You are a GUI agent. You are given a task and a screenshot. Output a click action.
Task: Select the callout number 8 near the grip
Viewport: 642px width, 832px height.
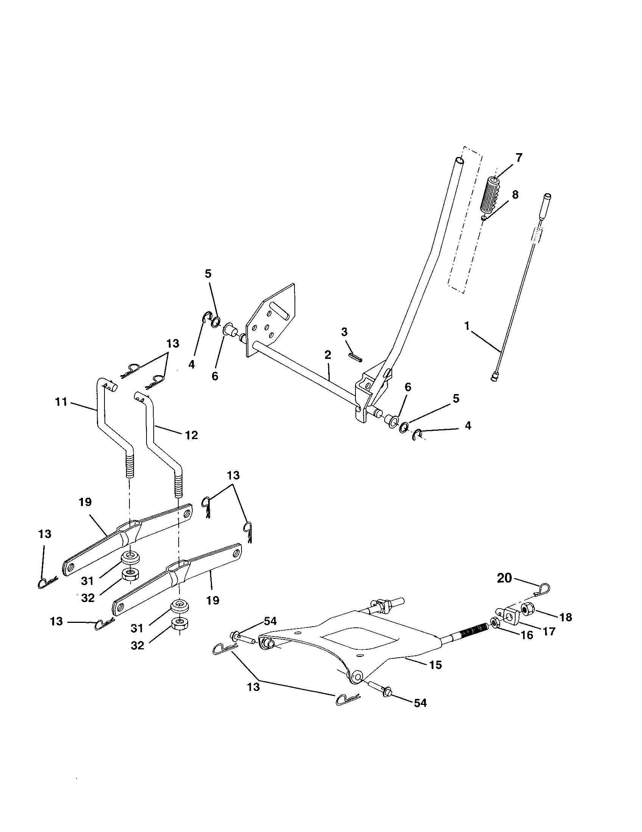[x=515, y=195]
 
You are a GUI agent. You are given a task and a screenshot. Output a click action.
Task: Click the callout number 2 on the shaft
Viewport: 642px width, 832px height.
[x=327, y=355]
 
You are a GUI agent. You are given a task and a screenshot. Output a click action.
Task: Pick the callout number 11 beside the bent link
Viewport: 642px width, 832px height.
[x=61, y=402]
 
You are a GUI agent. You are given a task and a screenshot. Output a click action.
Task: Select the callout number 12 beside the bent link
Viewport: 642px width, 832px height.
[x=192, y=435]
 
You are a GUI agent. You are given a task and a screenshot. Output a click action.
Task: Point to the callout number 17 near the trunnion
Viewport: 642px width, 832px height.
[x=549, y=631]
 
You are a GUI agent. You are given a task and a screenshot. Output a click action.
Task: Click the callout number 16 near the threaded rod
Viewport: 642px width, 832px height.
[x=527, y=635]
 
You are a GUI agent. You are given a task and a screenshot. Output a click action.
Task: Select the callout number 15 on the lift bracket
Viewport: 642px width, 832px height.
[x=435, y=665]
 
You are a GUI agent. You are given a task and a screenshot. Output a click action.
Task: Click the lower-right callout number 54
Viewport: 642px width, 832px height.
[x=420, y=703]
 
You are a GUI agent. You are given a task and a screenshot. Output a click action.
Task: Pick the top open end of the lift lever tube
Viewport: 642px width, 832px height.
[x=460, y=160]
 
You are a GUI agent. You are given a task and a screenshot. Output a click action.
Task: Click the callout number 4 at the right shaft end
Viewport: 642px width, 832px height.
[x=468, y=425]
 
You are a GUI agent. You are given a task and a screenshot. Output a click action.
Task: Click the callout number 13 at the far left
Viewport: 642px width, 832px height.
[x=45, y=534]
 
